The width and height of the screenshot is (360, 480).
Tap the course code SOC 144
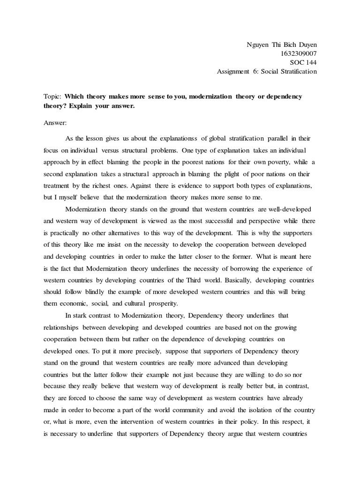click(x=304, y=62)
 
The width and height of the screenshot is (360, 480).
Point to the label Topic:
click(x=52, y=97)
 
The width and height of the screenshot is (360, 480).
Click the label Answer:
click(x=55, y=123)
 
